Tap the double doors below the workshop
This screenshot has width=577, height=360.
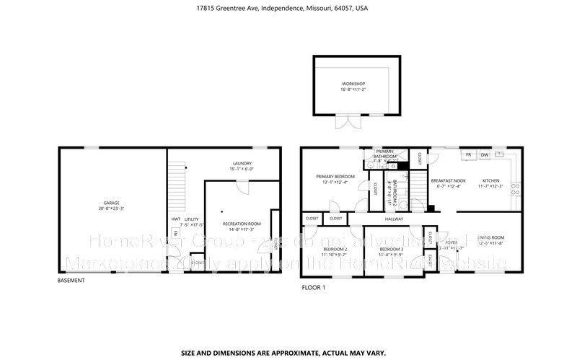click(x=351, y=120)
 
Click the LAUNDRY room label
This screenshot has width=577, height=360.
click(x=242, y=163)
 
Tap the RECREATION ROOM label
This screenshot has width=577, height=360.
click(x=241, y=224)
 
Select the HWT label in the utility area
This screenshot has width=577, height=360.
click(x=175, y=219)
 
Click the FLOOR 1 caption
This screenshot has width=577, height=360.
click(x=313, y=287)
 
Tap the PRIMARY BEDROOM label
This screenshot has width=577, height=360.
click(x=335, y=177)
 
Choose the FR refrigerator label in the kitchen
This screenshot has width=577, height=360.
click(x=468, y=155)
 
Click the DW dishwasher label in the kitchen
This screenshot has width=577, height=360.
click(x=485, y=155)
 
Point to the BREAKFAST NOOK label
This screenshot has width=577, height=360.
click(x=448, y=180)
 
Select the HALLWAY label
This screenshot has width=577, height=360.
click(x=393, y=218)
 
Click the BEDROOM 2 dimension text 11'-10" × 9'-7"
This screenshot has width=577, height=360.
click(x=335, y=255)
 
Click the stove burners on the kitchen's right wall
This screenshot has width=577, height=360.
click(x=514, y=189)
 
